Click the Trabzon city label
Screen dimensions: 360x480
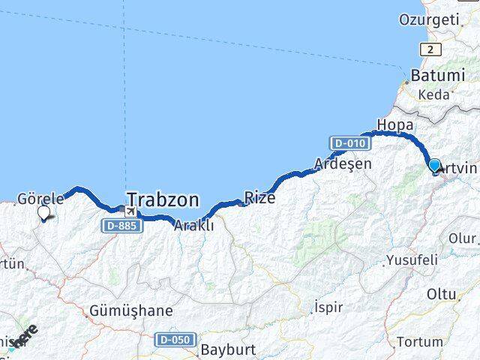(163, 200)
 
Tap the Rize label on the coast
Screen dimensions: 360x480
(259, 199)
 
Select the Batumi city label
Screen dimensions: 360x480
(437, 76)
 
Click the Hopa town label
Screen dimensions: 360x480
(395, 124)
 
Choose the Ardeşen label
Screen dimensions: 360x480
(342, 163)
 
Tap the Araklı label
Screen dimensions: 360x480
(193, 225)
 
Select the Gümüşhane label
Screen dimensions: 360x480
(130, 310)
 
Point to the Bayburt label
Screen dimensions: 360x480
(228, 349)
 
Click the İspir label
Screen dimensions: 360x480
(327, 307)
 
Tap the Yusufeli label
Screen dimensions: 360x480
(411, 261)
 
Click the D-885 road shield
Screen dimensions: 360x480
(120, 225)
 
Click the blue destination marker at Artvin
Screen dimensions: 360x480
(434, 165)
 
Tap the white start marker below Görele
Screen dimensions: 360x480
(43, 213)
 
